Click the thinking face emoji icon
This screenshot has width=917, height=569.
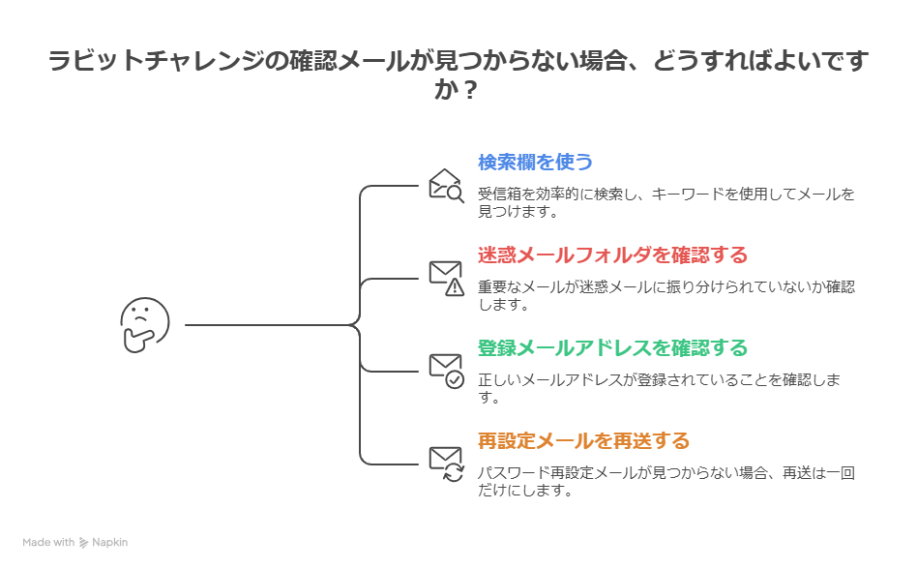[x=144, y=325]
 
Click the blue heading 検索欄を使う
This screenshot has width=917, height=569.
[x=535, y=162]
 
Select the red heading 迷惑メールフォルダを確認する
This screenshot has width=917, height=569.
[x=612, y=255]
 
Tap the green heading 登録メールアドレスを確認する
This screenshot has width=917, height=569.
[x=612, y=347]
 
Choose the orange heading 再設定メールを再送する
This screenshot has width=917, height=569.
[x=583, y=441]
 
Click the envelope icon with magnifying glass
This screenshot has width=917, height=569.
[x=446, y=184]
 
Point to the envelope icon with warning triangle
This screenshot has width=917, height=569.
[x=446, y=277]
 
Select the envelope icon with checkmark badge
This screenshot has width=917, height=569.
[x=446, y=371]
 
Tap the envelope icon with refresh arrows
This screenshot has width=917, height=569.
[x=446, y=464]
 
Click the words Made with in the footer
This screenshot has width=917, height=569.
[x=48, y=543]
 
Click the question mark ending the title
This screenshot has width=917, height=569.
[x=468, y=91]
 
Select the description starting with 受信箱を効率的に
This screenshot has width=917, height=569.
[x=666, y=202]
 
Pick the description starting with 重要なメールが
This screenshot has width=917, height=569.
[x=666, y=295]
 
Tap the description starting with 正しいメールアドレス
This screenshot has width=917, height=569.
[x=666, y=388]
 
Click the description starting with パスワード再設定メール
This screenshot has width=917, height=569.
[x=666, y=481]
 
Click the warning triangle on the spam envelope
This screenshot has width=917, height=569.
[x=455, y=285]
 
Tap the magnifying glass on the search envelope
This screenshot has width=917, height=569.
[x=456, y=192]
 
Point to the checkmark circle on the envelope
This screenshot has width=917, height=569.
[x=455, y=379]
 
